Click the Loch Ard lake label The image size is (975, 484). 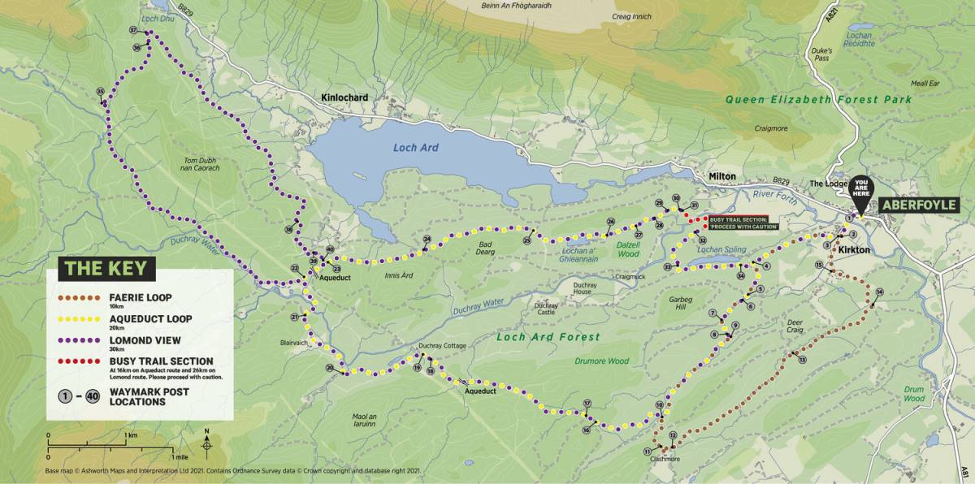(416, 148)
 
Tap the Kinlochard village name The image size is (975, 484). (344, 98)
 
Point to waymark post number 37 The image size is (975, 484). (133, 31)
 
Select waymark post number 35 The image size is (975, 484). (100, 91)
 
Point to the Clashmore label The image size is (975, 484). (665, 459)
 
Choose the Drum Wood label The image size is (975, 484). (914, 394)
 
